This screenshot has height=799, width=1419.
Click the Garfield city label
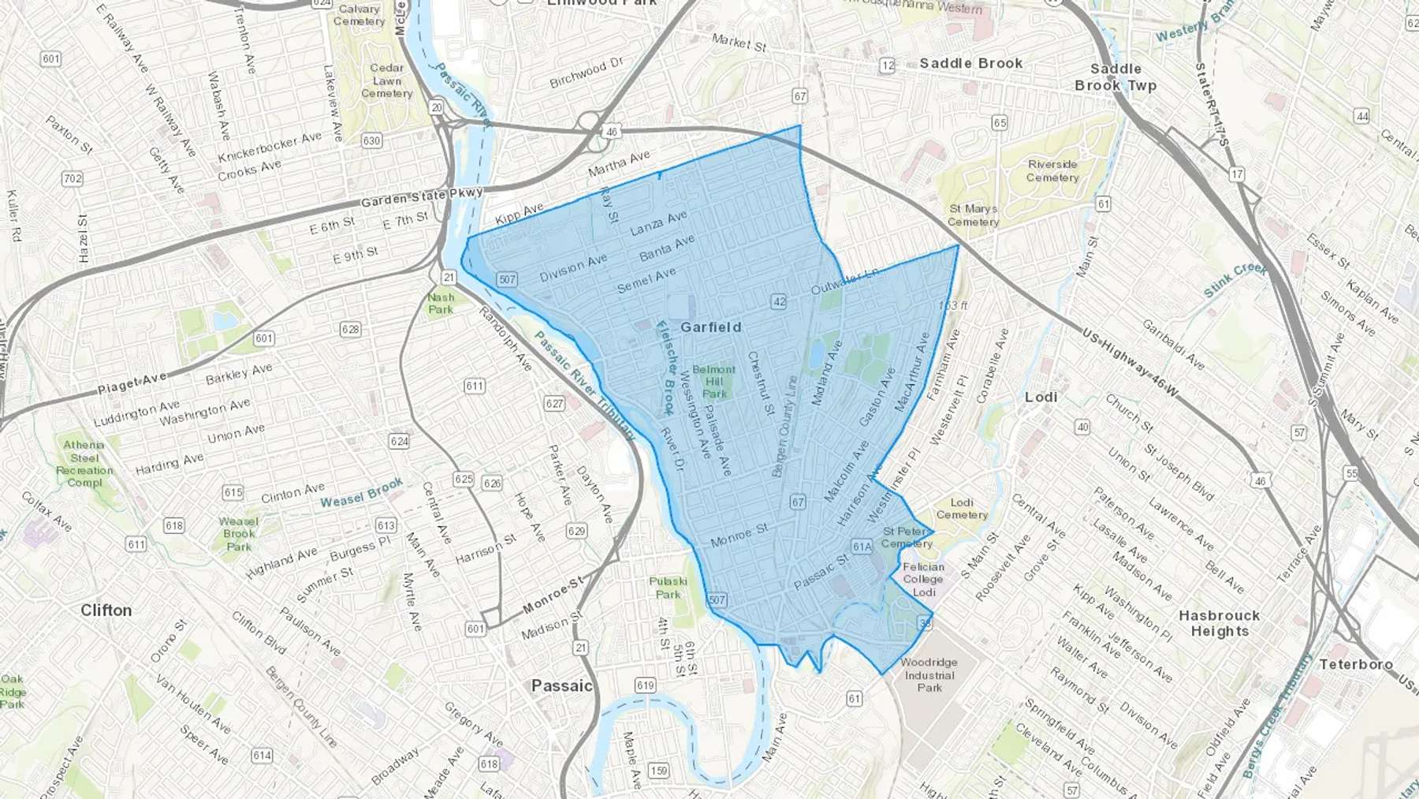(x=710, y=327)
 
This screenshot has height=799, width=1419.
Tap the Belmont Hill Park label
(x=714, y=381)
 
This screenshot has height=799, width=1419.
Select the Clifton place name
(x=106, y=610)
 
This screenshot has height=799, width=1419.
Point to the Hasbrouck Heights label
(x=1219, y=623)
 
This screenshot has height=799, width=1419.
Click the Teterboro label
(x=1356, y=664)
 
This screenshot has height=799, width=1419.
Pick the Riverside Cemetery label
(x=1052, y=170)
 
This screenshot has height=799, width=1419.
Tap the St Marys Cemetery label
(x=974, y=215)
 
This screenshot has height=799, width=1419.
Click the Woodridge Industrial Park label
(x=929, y=674)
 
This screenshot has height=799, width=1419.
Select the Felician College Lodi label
(x=923, y=579)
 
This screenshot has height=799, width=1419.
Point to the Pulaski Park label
(x=668, y=588)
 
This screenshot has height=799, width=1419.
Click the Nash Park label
(x=441, y=303)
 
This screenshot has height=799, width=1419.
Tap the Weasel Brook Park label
(x=238, y=533)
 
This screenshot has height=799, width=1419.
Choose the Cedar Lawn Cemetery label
(x=386, y=80)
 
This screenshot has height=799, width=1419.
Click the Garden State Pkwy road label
(x=422, y=197)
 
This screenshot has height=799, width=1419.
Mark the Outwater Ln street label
(x=844, y=281)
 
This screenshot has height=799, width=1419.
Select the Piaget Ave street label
(x=132, y=383)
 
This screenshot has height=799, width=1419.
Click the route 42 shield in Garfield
(x=779, y=301)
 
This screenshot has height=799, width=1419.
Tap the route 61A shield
(x=862, y=547)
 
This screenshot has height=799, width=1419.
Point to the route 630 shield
(x=371, y=140)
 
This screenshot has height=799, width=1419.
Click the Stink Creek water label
(x=1235, y=279)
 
